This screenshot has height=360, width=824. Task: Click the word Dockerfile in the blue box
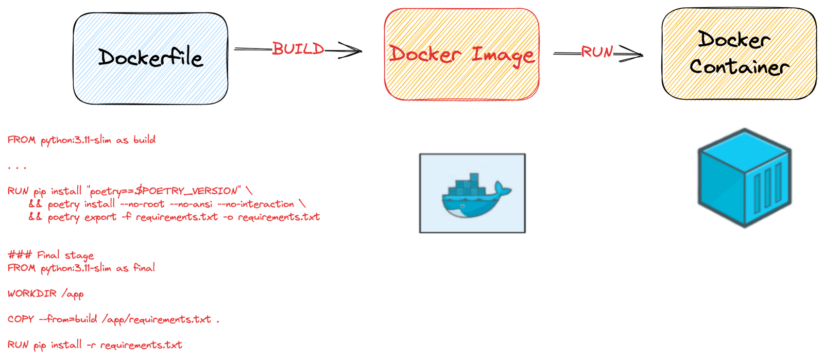coord(150,58)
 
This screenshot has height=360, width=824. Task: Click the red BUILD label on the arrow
coord(298,49)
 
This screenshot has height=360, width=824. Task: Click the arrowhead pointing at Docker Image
coord(352,50)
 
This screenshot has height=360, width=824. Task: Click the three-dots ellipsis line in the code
coord(18,167)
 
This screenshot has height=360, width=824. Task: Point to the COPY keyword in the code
coord(21,319)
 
